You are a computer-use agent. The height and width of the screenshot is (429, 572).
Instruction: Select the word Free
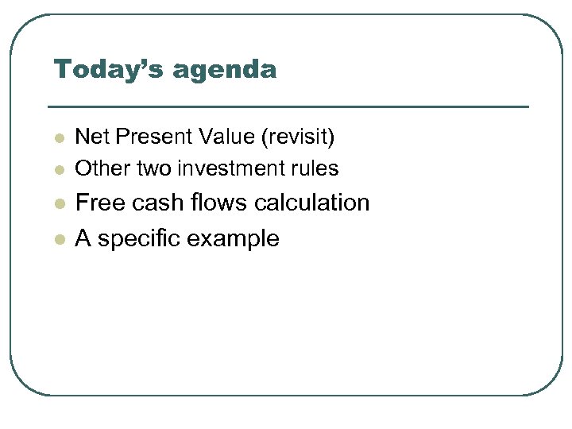pos(98,203)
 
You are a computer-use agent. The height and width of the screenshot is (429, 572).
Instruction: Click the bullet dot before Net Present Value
pos(58,139)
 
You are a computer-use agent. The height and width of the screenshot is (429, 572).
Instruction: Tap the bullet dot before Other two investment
pos(58,170)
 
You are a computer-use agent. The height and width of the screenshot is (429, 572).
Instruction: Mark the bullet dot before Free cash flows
pos(58,205)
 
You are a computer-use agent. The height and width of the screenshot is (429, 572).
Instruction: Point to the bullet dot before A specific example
pos(58,240)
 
